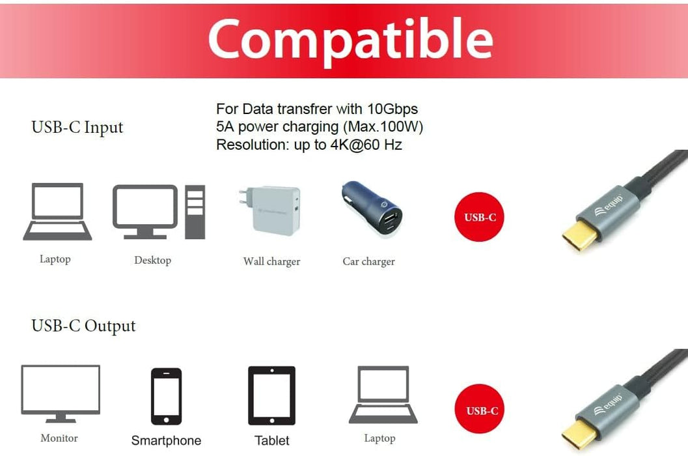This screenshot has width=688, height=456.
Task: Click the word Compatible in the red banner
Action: [350, 39]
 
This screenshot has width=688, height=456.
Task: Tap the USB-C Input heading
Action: [77, 127]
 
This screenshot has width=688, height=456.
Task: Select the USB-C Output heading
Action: [83, 326]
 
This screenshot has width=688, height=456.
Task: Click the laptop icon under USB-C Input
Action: [57, 212]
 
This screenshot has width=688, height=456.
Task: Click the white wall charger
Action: [271, 210]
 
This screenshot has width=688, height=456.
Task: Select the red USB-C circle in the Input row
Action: [479, 217]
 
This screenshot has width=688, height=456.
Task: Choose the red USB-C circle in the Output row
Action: [481, 410]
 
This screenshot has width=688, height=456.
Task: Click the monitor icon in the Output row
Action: [61, 393]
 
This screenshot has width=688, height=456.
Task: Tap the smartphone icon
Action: [166, 396]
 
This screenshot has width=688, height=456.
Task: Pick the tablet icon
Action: [271, 396]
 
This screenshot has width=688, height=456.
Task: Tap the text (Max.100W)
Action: [383, 126]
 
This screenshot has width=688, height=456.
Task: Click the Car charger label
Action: [368, 261]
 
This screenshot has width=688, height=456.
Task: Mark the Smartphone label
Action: [166, 441]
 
